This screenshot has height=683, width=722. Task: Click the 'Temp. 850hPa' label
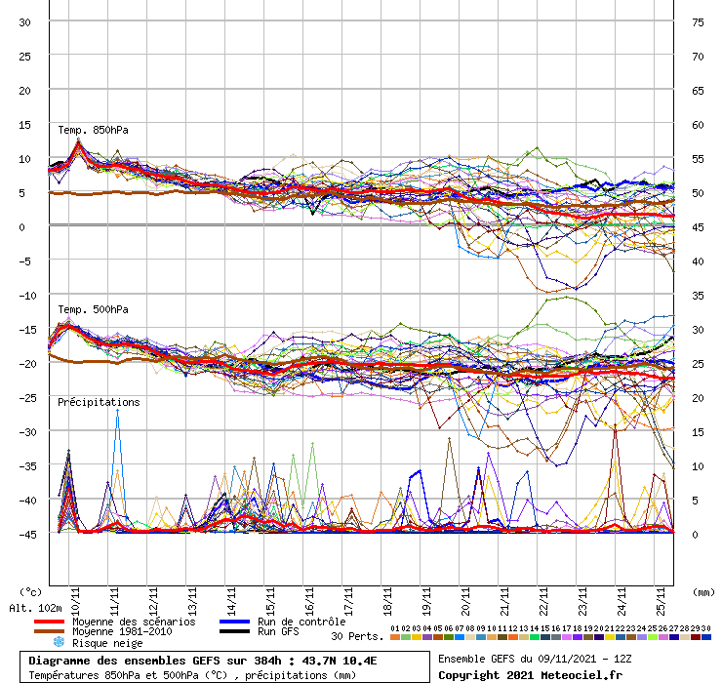point(93,130)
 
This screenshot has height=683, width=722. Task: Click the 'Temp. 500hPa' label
point(93,309)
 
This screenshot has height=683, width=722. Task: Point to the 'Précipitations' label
point(98,402)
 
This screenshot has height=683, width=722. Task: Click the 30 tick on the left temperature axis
point(25,22)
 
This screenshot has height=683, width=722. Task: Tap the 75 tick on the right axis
point(698,22)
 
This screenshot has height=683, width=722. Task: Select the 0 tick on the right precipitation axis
point(697,534)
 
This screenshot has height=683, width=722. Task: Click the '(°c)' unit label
point(30,592)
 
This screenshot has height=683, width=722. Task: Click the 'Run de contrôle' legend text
point(301,622)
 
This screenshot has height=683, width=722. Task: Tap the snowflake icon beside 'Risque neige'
point(58,643)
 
